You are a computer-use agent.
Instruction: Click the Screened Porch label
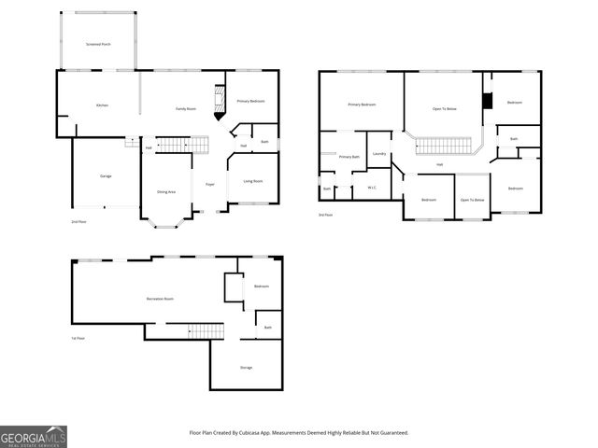coord(97,44)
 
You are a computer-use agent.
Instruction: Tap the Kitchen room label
coord(102,105)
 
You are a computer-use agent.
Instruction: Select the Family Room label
coord(186,109)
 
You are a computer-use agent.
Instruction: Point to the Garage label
coord(106,175)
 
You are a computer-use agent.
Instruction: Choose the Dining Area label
coord(165,191)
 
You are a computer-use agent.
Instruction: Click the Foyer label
coord(210,184)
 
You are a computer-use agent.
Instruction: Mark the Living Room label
coord(252,181)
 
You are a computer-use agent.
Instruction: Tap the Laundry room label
coord(379,153)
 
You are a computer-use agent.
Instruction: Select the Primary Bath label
coord(349,157)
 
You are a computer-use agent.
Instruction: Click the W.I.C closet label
coord(371,188)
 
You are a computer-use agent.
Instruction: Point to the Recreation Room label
coord(160,299)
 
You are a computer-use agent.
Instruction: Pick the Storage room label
coord(246,367)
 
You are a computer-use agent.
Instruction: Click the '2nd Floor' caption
coord(78,221)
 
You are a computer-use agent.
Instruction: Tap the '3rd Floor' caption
coord(325,215)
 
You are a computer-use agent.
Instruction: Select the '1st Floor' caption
coord(78,338)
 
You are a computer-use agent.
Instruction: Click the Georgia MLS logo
coord(33,436)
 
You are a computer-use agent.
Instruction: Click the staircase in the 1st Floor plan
coord(206,330)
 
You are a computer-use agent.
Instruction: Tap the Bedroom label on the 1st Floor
coord(262,286)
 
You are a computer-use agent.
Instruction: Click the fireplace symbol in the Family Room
coord(220,101)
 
